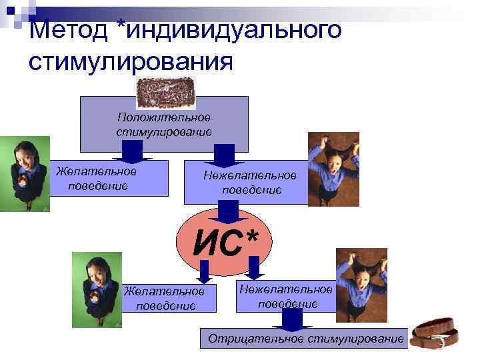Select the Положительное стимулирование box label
(x=163, y=124)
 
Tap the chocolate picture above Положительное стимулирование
(x=165, y=93)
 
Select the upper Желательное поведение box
(x=97, y=178)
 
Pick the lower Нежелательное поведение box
(x=287, y=296)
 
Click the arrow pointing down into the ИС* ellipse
(x=229, y=213)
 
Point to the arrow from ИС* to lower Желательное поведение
(x=204, y=271)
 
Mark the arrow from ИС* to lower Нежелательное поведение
(x=253, y=269)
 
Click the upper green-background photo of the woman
(x=25, y=173)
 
